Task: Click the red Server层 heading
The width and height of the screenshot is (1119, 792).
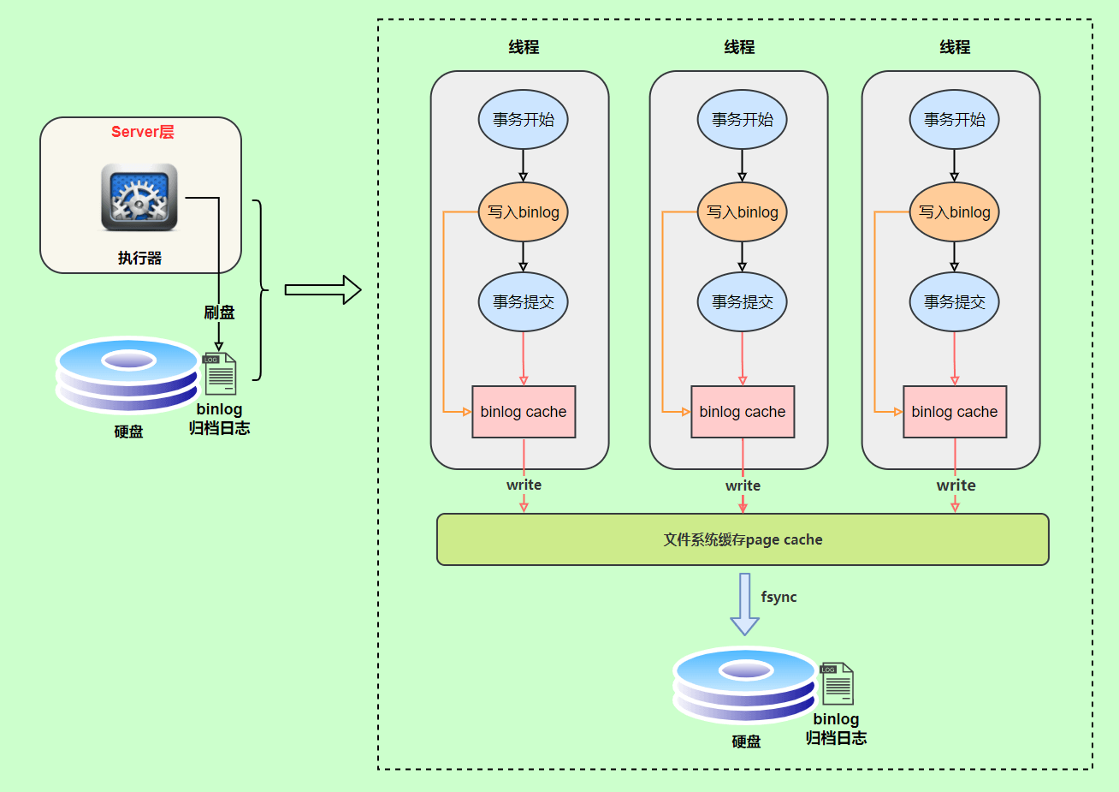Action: pos(142,132)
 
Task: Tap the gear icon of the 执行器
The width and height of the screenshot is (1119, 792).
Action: pos(139,198)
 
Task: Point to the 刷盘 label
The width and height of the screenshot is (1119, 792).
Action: pos(219,313)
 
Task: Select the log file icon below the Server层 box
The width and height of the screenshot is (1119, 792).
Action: pos(219,373)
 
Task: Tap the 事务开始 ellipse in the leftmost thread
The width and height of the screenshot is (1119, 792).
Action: pos(524,120)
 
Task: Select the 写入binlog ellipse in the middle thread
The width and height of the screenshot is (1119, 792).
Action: pos(742,211)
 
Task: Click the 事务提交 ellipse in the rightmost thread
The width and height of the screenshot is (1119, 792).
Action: pos(954,302)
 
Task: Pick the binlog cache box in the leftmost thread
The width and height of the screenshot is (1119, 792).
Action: pos(524,412)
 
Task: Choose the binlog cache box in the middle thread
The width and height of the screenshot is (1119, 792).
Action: pos(742,412)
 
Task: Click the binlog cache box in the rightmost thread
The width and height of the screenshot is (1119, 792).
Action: pos(954,412)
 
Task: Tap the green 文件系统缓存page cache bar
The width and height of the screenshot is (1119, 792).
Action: pos(743,539)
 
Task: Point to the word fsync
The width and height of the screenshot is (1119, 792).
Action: pos(779,597)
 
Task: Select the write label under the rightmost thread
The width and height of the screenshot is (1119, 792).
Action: pos(956,485)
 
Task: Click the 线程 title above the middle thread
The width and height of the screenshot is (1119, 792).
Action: pos(739,47)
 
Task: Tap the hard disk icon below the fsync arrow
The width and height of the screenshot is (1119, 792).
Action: pos(744,685)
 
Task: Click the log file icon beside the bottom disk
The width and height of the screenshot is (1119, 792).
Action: pos(836,683)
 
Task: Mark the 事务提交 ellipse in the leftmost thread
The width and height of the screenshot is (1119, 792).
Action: pos(524,302)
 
